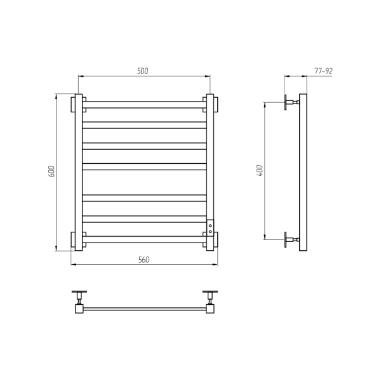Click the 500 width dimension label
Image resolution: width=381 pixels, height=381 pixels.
point(142,71)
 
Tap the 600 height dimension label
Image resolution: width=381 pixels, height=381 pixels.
point(52,171)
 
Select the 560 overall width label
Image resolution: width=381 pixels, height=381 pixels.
point(144,260)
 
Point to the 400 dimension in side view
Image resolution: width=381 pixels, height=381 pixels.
point(260,170)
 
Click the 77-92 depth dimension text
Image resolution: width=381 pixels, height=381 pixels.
point(323,71)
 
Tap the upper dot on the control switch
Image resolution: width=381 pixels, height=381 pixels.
point(210,226)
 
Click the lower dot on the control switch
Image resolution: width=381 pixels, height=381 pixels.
point(210,232)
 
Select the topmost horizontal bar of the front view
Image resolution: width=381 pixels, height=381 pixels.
point(144,105)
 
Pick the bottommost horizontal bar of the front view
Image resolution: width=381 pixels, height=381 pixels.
point(144,239)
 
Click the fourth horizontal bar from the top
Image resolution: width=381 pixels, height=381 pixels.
point(144,166)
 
